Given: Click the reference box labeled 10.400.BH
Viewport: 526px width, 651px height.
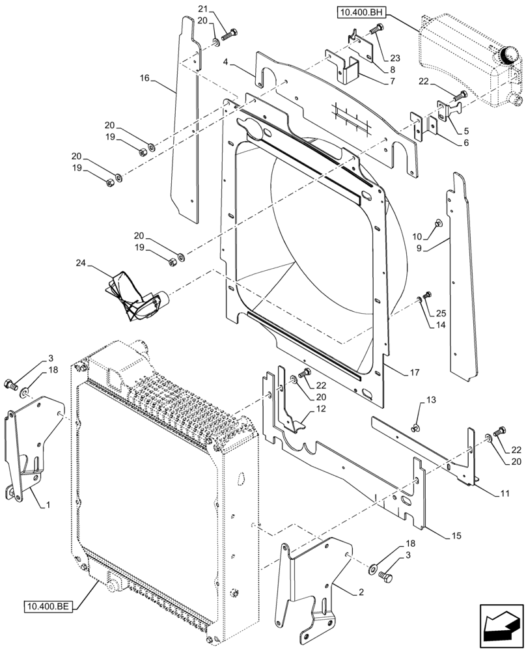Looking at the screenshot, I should click(361, 12).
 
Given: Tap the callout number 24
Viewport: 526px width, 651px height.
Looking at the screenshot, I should click(80, 264).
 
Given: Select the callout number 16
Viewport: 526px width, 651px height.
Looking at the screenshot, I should click(144, 78).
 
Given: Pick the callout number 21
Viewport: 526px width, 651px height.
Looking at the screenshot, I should click(202, 8).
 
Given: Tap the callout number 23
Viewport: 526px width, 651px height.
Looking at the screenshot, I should click(396, 58).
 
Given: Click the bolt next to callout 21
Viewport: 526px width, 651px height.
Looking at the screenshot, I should click(230, 35).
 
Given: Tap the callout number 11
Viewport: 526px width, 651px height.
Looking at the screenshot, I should click(505, 494).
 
